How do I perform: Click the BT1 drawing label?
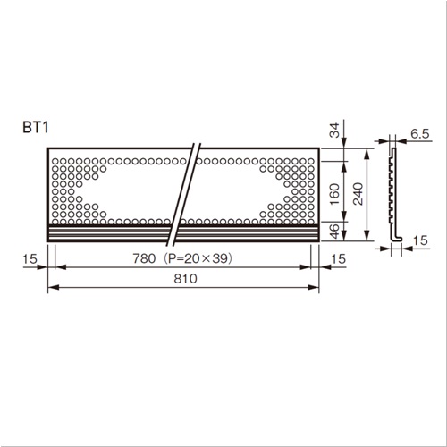36,128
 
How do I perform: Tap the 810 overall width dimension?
185,279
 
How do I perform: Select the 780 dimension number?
144,258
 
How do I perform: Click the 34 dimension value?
335,131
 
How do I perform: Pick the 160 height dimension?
335,194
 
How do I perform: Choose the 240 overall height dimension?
358,194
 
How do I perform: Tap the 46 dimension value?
335,232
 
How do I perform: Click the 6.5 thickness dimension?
420,134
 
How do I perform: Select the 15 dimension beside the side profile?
420,240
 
